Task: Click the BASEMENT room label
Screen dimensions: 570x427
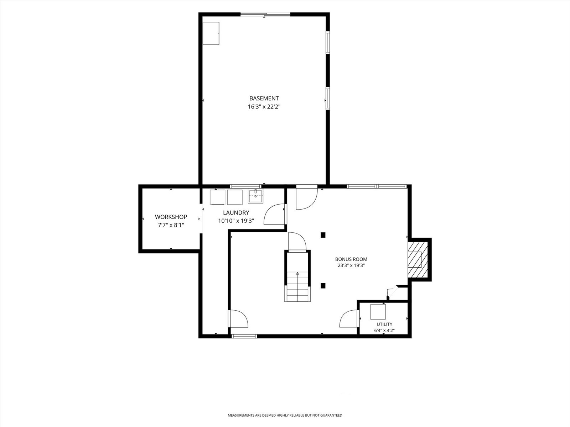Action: coord(264,98)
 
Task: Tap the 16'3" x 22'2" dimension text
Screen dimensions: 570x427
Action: coord(264,106)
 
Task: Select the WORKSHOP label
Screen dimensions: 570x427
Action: coord(171,217)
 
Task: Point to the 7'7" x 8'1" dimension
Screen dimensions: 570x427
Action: coord(171,225)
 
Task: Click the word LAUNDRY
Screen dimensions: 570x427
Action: coord(236,212)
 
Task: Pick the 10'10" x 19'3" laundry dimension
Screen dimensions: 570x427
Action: coord(236,221)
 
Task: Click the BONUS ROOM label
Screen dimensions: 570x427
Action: coord(351,259)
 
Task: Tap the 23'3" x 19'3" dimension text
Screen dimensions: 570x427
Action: coord(351,265)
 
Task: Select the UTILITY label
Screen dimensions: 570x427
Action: coord(384,324)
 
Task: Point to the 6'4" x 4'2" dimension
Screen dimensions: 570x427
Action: coord(384,331)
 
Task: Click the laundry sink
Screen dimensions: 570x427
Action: coord(255,196)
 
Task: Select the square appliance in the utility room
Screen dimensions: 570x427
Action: coord(378,312)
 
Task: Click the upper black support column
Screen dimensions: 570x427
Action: coord(323,235)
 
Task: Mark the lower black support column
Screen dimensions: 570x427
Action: coord(323,286)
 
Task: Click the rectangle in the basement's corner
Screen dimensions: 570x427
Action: coord(211,33)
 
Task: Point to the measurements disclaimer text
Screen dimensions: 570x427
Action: coord(285,415)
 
